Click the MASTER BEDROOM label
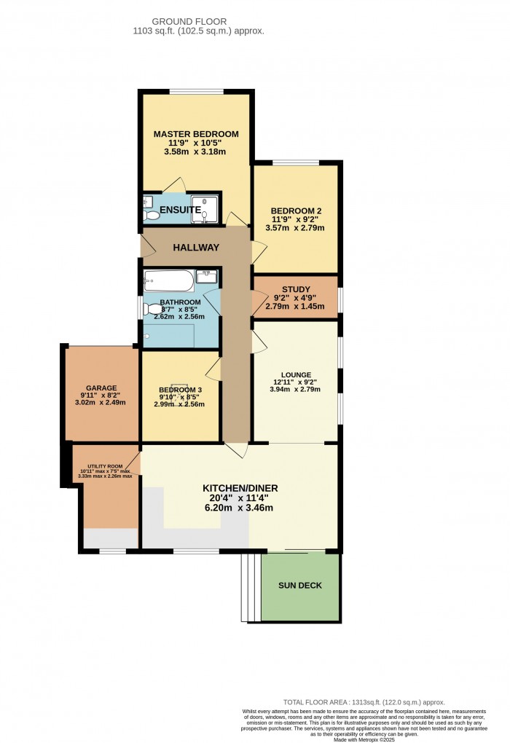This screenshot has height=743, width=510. (x=196, y=134)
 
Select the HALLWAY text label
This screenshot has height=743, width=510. (x=196, y=248)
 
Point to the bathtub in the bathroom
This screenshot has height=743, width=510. (x=169, y=280)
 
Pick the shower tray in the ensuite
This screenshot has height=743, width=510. (x=204, y=208)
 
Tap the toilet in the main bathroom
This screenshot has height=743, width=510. (x=149, y=310)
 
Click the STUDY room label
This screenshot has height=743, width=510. (x=296, y=289)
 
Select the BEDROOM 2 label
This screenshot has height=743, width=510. (x=295, y=212)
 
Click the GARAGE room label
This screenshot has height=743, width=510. (x=99, y=388)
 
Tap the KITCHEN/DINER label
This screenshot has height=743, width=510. (x=240, y=488)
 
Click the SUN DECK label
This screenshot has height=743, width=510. (x=299, y=585)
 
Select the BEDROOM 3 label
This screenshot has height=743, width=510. (x=181, y=390)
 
